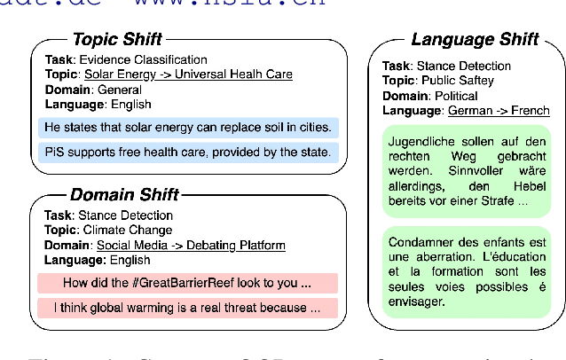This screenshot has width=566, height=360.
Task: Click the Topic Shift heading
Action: [117, 40]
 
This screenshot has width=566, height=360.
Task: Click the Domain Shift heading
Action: [124, 194]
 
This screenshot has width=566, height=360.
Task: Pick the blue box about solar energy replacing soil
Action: [188, 127]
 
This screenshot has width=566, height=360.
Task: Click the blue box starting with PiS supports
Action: [188, 153]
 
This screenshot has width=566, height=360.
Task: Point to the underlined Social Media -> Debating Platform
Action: [191, 245]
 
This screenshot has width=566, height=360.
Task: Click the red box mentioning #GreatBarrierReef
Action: [188, 284]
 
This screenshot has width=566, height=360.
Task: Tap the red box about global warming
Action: [188, 308]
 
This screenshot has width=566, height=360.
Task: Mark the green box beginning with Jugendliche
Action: [466, 172]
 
